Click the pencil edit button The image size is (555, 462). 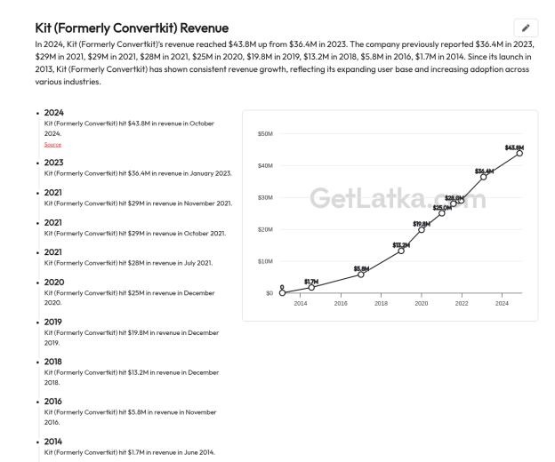coord(526,28)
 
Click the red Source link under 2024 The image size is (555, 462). coord(52,144)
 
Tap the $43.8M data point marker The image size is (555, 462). coord(519,153)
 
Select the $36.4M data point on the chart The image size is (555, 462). coord(483,177)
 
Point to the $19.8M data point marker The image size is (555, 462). coord(422,230)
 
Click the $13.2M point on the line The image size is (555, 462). coord(401,251)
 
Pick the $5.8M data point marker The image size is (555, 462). coord(361,275)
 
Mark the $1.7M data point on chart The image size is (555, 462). coord(311,288)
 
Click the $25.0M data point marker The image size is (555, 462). coord(441,213)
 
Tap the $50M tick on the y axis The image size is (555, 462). coord(265,133)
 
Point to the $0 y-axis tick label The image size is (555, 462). coord(269,293)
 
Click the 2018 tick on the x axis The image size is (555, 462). coord(381,303)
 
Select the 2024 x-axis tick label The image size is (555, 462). coord(502,303)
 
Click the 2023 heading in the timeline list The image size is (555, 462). coord(53,163)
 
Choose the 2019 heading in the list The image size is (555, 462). coord(53,322)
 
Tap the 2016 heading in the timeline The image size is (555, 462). coord(53,402)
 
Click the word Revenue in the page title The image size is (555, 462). coord(205,28)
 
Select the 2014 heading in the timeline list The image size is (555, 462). coord(53,442)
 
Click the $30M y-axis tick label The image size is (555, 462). coord(265,197)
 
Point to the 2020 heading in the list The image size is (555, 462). coord(54,282)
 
